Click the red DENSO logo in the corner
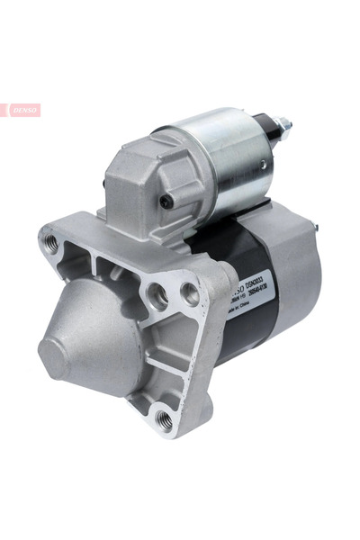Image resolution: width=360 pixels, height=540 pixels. [x=22, y=110]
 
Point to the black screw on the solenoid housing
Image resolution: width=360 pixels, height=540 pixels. [x=167, y=202]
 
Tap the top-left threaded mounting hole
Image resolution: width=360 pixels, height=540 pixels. [x=51, y=242]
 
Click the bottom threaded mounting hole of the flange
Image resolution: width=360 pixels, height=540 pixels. [x=161, y=416]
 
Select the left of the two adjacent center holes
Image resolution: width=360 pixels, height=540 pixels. [x=157, y=293]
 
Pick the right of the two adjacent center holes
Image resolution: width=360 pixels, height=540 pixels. [x=190, y=292]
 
